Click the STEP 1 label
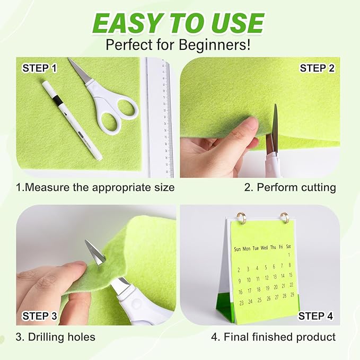pos(39,68)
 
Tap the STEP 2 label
pos(317,68)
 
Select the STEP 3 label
pos(40,316)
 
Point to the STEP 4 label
pos(315,316)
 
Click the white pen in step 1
pos(72,119)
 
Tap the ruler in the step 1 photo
pos(160,117)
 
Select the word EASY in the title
pos(133,23)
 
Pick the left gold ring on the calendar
pos(241,217)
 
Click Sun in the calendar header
pos(239,248)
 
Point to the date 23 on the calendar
pos(241,303)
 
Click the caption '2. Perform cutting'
pos(289,187)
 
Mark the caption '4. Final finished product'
pos(274,337)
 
